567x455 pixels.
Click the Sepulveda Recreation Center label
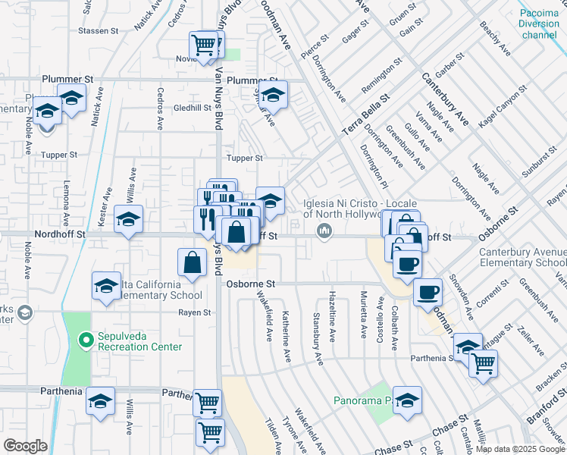[x=139, y=341]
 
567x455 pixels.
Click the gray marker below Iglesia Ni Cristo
[x=325, y=231]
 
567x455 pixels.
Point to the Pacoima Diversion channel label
[x=540, y=24]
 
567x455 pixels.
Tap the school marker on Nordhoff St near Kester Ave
[x=128, y=220]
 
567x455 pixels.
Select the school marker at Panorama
[x=407, y=401]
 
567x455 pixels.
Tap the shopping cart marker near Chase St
[x=211, y=432]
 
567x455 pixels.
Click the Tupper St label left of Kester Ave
[x=60, y=155]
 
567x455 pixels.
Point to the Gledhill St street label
[x=192, y=108]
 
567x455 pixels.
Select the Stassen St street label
[x=99, y=31]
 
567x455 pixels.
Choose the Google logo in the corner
[x=25, y=445]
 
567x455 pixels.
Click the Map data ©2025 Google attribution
[x=519, y=449]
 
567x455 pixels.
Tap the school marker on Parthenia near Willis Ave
[x=100, y=402]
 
